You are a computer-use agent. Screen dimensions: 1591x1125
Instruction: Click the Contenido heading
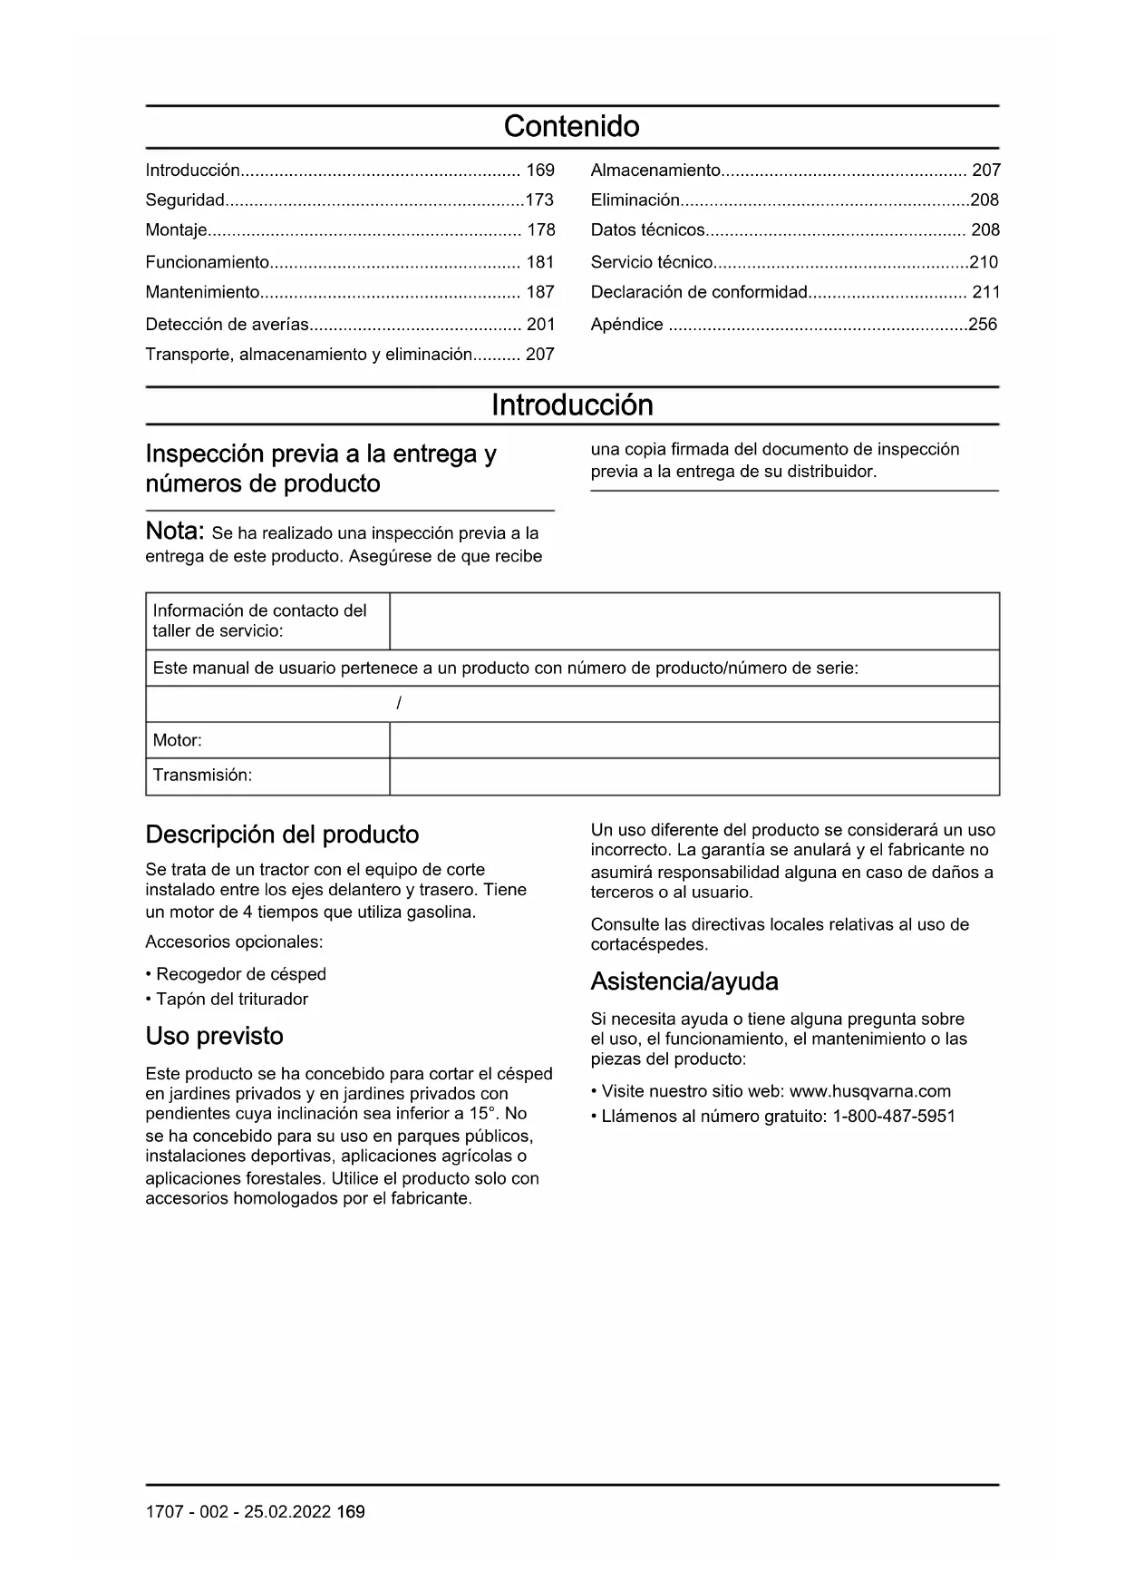click(571, 126)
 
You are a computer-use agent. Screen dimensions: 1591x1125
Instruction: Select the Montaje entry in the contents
click(177, 230)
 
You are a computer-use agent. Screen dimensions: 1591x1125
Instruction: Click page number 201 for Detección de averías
click(540, 324)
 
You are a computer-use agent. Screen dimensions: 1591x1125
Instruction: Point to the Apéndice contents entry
click(626, 324)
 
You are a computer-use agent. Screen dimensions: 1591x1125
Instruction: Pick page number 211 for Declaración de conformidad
click(985, 292)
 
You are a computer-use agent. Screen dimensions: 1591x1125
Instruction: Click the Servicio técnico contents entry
click(652, 262)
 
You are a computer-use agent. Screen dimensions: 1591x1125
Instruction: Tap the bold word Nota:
click(175, 532)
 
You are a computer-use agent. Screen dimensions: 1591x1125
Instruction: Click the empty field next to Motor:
click(693, 740)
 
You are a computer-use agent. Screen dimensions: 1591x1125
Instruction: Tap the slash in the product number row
click(399, 704)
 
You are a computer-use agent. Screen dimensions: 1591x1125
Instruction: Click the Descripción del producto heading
click(282, 835)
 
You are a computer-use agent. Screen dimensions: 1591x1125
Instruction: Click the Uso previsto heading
click(214, 1036)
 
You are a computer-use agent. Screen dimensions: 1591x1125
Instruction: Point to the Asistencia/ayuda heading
click(684, 981)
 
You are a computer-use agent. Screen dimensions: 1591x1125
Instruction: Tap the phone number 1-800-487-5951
click(894, 1117)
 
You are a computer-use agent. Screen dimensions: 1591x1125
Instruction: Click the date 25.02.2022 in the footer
click(287, 1512)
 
